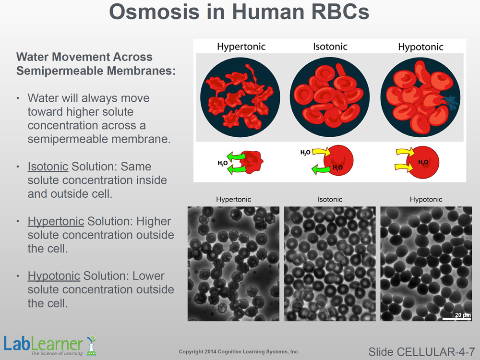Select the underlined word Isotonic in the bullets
(x=48, y=167)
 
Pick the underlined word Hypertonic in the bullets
(x=56, y=222)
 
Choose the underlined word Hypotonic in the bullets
(x=54, y=276)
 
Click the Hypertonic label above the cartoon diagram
(x=241, y=47)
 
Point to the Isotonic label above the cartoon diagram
(x=330, y=47)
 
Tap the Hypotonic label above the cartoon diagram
(x=420, y=47)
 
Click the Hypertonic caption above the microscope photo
(x=234, y=200)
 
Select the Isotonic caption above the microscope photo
(x=330, y=200)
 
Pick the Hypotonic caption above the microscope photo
(x=426, y=200)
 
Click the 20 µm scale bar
(x=456, y=319)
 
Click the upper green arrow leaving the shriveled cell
(x=236, y=156)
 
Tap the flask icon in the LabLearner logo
(x=91, y=346)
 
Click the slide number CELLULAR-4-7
(x=421, y=352)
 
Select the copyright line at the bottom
(x=239, y=352)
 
